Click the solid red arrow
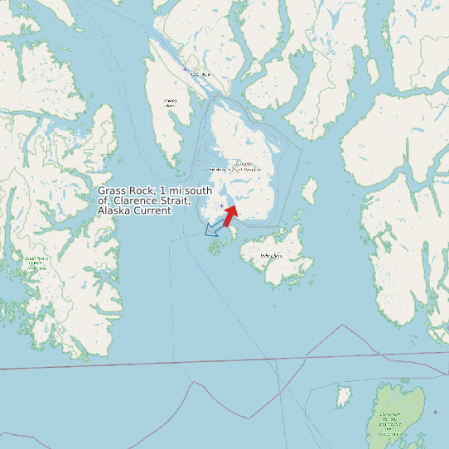point(230,215)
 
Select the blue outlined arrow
point(214,227)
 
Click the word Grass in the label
point(113,191)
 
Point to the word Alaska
point(113,211)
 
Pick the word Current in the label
point(152,211)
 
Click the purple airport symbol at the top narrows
point(186,70)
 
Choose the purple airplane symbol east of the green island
point(435,412)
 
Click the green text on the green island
point(391,423)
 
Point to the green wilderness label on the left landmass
point(36,263)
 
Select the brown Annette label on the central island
point(240,167)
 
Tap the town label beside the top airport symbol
point(200,75)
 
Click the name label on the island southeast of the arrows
point(271,255)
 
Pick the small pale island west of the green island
point(344,396)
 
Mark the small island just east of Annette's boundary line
point(310,192)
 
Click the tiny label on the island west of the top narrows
point(170,104)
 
